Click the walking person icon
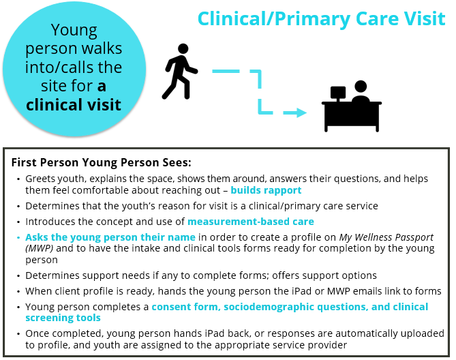click(x=178, y=72)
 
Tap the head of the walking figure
click(x=183, y=49)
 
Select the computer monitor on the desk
click(x=338, y=93)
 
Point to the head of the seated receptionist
click(x=361, y=87)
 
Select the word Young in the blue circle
click(x=74, y=31)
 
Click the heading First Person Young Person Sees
click(x=101, y=162)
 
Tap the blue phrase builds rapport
click(x=266, y=190)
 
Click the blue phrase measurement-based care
click(x=251, y=222)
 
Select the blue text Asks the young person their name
click(x=110, y=237)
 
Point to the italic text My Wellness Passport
click(x=386, y=237)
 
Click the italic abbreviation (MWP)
click(x=40, y=249)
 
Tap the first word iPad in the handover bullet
click(x=301, y=291)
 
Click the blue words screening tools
click(x=63, y=318)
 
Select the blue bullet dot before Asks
click(x=18, y=238)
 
